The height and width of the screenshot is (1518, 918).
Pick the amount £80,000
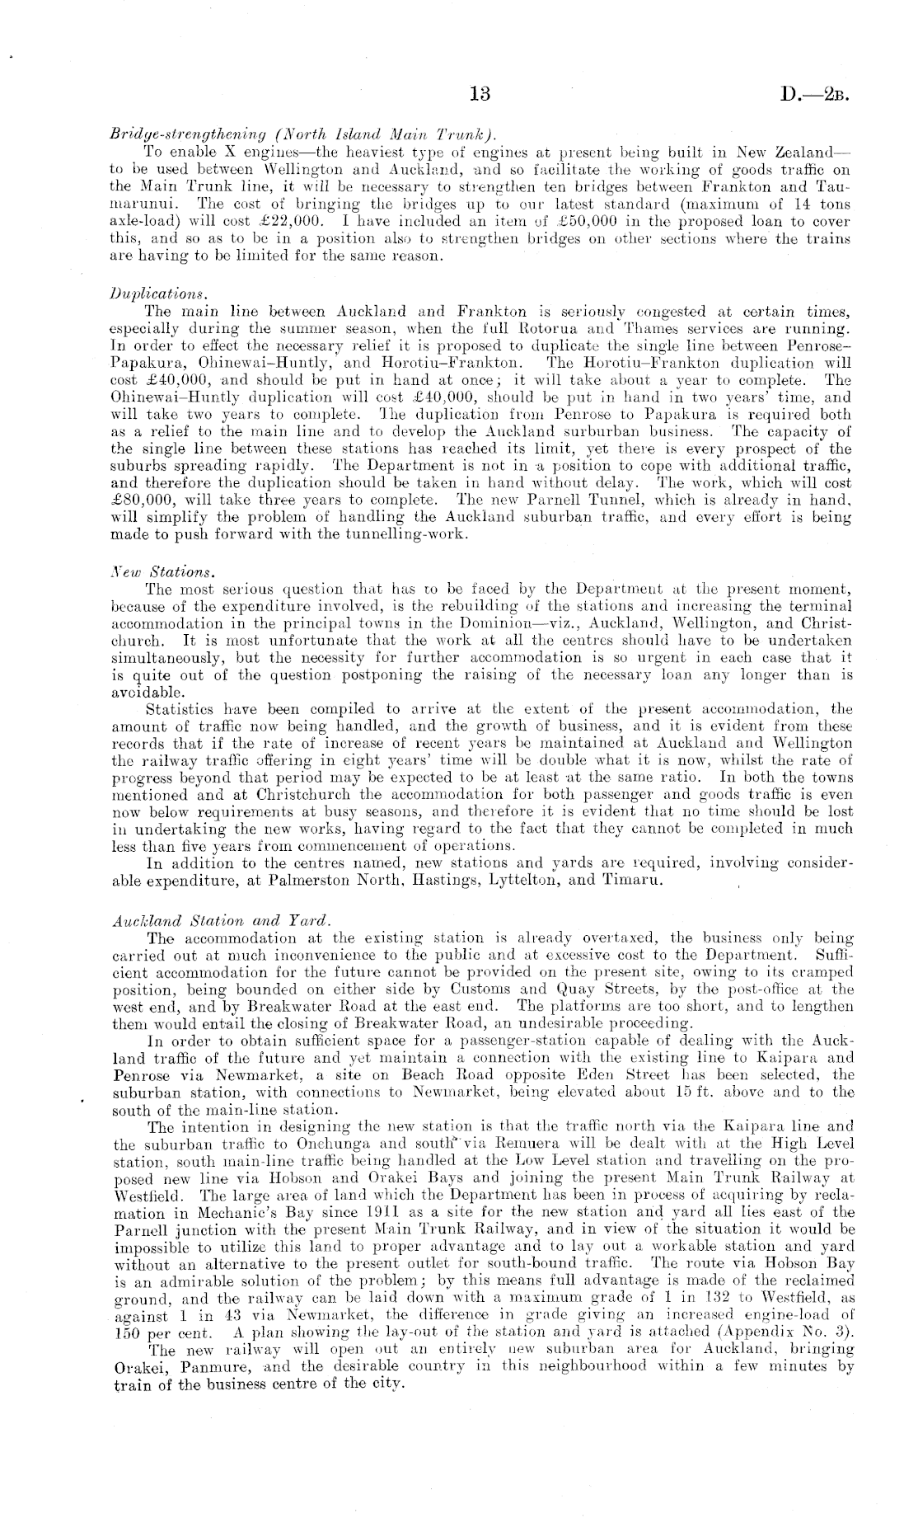point(135,501)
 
